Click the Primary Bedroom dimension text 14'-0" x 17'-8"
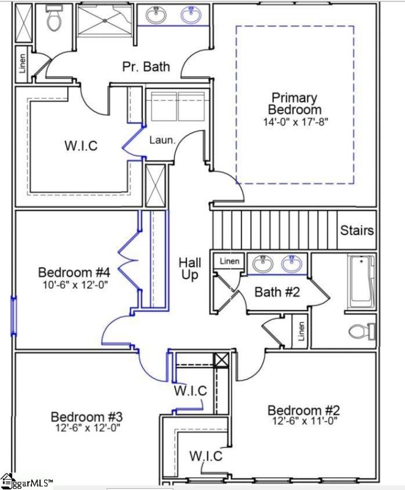(296, 121)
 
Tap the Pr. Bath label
(146, 66)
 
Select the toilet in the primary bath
(54, 20)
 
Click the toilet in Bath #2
(361, 332)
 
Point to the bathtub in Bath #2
(361, 282)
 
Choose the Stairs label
(357, 230)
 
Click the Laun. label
(163, 140)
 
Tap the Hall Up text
(190, 269)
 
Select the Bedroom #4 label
(74, 271)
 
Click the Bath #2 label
(277, 292)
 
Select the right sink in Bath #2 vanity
(292, 265)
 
